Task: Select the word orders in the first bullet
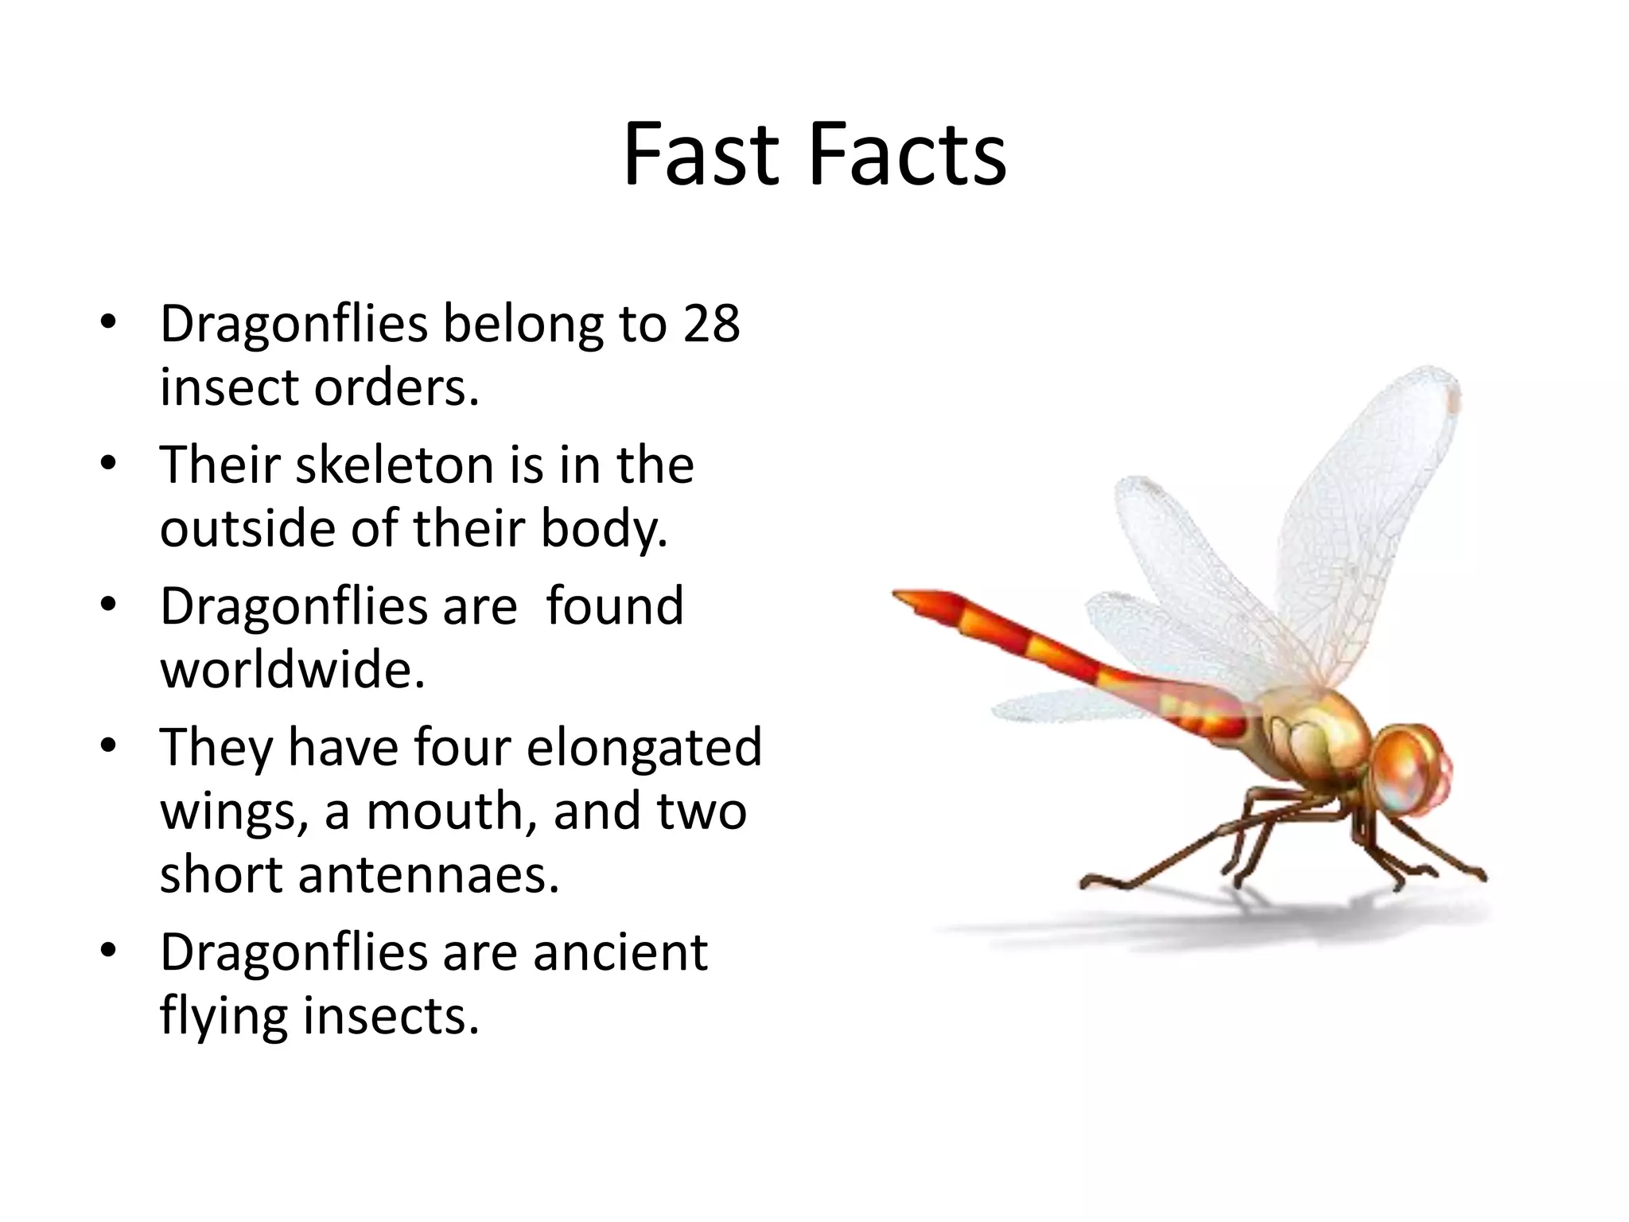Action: [397, 388]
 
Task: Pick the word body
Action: [605, 530]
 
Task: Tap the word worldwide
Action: [292, 670]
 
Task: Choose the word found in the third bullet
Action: [614, 606]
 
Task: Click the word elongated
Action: [643, 748]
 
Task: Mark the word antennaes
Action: [429, 875]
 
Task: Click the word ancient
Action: [620, 952]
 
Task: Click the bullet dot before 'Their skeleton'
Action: [109, 464]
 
